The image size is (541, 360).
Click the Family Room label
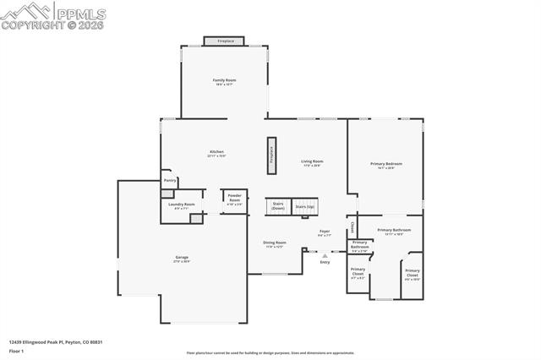coord(224,82)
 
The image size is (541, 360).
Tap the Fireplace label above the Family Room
coord(224,41)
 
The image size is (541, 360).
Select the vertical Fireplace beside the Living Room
coord(272,151)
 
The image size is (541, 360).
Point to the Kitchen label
coord(216,154)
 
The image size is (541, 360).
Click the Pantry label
coord(170,180)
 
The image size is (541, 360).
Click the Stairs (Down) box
coord(278,205)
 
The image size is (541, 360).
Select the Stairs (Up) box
coord(304,206)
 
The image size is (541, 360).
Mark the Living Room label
coord(312,162)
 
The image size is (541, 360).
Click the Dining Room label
coord(275,244)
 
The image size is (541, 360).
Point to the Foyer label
coord(324,232)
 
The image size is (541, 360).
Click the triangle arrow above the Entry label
coord(325,254)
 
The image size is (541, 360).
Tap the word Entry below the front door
coord(325,263)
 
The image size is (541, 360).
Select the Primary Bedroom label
coord(385,165)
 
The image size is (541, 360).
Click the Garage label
coord(182,259)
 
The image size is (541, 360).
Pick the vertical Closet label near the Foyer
coord(352,226)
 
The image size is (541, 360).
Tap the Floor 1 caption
coord(17,352)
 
